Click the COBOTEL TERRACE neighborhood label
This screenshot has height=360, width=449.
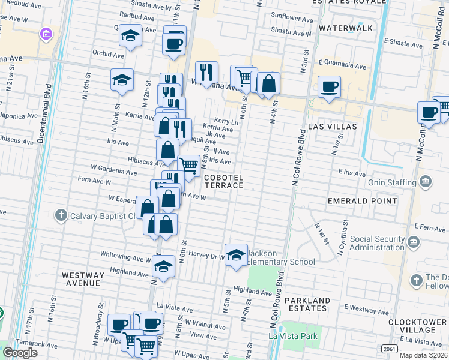coord(223,182)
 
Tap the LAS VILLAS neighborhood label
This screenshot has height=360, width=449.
coord(332,127)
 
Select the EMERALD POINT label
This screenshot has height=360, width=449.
coord(362,200)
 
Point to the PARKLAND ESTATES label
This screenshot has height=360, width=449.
coord(307,304)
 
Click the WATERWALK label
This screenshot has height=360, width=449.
coord(346,28)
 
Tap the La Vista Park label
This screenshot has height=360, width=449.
coord(294,337)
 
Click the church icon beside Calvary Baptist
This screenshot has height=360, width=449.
coord(60,215)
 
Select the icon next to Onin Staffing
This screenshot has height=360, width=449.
coord(425,182)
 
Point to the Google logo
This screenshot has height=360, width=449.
coord(20,352)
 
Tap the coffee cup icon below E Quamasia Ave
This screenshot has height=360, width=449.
coord(329,86)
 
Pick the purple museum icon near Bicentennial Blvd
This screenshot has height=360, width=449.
coord(46,35)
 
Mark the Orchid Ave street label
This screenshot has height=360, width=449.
coord(108,54)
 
